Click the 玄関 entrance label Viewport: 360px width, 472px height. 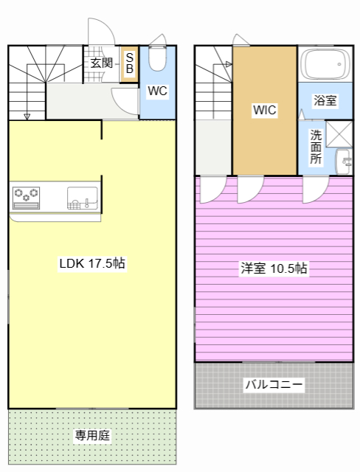(x=102, y=63)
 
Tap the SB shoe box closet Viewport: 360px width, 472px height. (x=129, y=64)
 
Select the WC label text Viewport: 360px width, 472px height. (x=157, y=91)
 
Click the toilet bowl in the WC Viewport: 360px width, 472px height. (x=157, y=58)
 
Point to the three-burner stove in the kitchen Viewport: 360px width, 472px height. (x=26, y=198)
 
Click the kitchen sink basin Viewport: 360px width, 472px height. (x=82, y=198)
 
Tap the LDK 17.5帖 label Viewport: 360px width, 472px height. (x=92, y=263)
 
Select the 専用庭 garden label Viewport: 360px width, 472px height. (x=92, y=435)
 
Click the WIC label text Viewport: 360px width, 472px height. (x=265, y=110)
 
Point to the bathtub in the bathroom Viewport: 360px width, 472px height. (x=325, y=64)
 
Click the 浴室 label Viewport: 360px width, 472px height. (x=325, y=100)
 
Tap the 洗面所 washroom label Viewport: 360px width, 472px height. (x=316, y=147)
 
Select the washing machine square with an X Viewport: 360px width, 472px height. (x=339, y=134)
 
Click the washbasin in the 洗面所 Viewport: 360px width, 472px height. (x=344, y=162)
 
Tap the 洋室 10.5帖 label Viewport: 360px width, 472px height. (x=274, y=268)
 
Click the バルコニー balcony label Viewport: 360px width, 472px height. (x=274, y=384)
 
